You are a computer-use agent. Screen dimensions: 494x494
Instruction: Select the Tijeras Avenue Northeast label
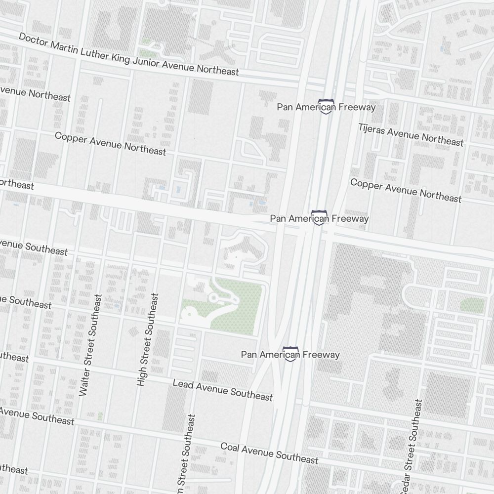411,134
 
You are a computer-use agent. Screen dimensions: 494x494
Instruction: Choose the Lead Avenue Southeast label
222,390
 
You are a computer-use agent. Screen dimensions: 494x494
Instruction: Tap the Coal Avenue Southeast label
269,453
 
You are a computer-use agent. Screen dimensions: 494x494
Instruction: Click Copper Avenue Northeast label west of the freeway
110,143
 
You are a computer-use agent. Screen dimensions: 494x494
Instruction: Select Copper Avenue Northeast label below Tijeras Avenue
406,190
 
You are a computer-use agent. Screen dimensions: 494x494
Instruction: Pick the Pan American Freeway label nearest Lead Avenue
290,355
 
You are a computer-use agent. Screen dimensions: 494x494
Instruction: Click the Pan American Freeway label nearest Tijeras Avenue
326,107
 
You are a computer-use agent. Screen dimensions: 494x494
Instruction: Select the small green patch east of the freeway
472,305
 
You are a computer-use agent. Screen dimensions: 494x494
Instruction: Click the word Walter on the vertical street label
84,381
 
